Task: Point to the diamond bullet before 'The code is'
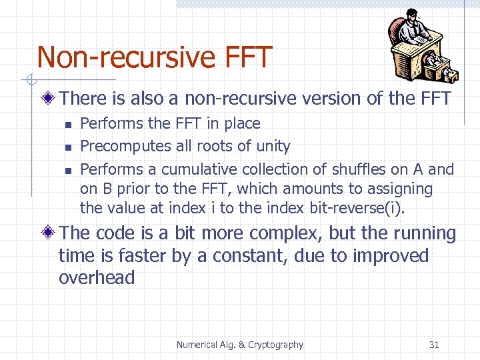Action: coord(49,234)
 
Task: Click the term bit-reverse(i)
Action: coord(357,208)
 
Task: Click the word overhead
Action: coord(97,278)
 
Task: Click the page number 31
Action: coord(434,345)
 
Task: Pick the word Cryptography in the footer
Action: coord(275,345)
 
